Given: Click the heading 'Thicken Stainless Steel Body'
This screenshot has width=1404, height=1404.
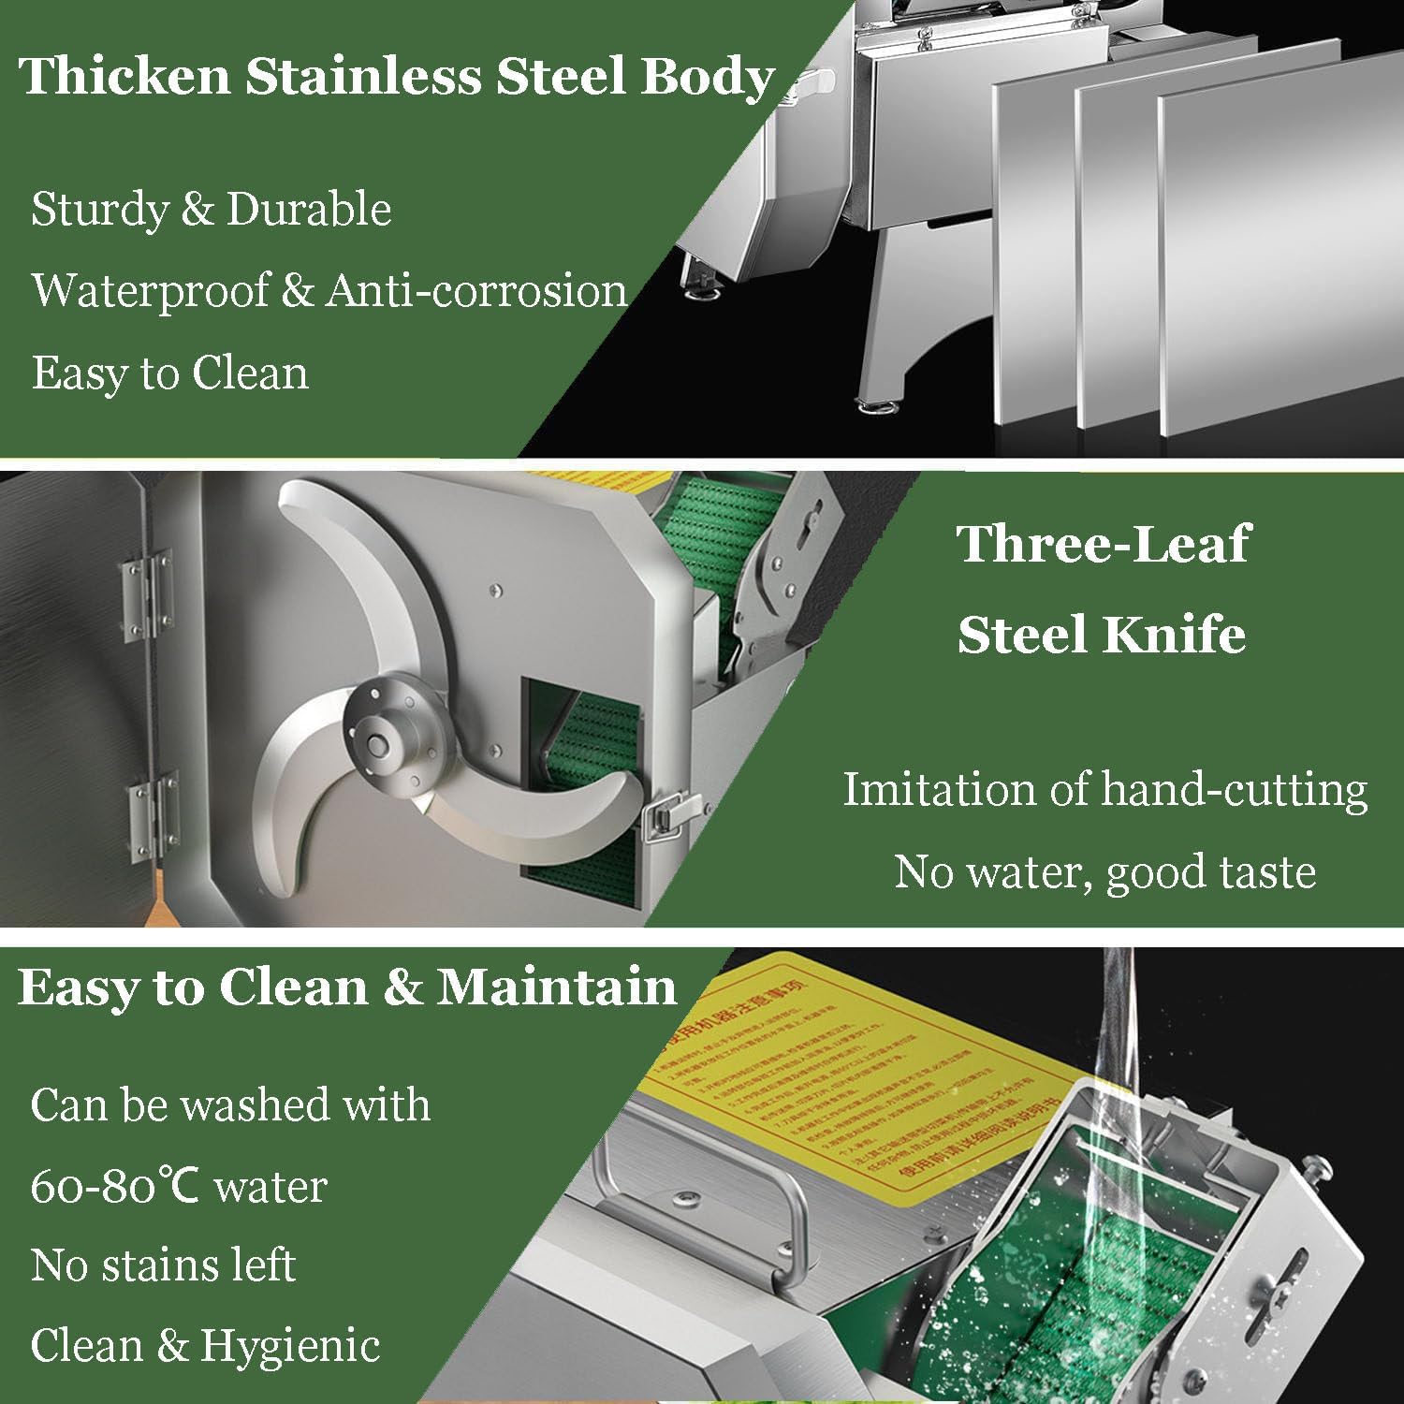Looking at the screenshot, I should [x=397, y=77].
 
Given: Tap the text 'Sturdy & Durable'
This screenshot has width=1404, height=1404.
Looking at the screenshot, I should [x=211, y=209].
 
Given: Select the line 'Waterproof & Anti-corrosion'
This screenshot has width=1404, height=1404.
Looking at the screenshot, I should [x=329, y=290].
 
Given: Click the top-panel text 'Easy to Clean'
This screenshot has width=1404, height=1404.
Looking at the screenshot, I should [x=169, y=373].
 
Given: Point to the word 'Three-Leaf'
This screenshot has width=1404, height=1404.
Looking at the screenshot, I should [x=1103, y=544].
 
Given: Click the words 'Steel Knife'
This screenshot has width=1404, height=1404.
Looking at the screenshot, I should [x=1102, y=635].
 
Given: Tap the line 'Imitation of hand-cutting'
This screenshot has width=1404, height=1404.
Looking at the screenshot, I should [x=1104, y=789].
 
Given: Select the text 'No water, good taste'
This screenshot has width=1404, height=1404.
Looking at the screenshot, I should [x=1104, y=871].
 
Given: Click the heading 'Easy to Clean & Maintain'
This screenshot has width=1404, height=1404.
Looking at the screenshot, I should [x=346, y=987].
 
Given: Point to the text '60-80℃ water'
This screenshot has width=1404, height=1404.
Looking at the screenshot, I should [x=179, y=1187].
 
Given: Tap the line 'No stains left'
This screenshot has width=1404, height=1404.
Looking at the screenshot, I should [x=163, y=1265].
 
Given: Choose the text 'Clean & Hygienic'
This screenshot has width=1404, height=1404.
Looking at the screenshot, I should [x=205, y=1346].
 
